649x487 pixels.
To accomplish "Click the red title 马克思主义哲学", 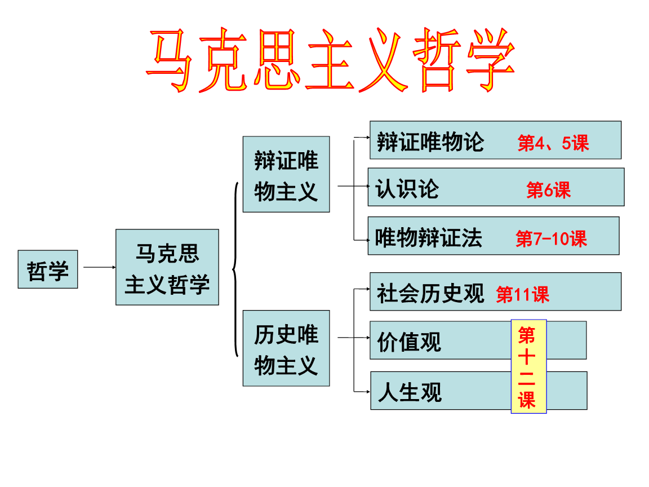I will (x=331, y=60).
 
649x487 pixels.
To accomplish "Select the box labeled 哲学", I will (x=48, y=269).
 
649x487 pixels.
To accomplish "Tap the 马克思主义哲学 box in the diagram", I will (x=167, y=267).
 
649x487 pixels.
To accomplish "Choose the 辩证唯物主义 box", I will (x=286, y=174).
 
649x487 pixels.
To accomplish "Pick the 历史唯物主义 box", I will (x=286, y=348).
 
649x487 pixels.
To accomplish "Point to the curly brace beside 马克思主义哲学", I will (x=235, y=269).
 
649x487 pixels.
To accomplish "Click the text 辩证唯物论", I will (x=430, y=141).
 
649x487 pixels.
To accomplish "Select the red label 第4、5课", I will (x=553, y=143).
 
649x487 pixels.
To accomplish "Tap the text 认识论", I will (x=407, y=188).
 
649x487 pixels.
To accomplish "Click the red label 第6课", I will (x=548, y=190).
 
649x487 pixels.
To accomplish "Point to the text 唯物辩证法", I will (x=429, y=237).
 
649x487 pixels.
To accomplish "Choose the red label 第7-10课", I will (x=551, y=239).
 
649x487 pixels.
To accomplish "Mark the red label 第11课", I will (x=522, y=294).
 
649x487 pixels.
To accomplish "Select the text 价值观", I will (x=409, y=342).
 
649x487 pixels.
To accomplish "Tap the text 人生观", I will (x=410, y=392).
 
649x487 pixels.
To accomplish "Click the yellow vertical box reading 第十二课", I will (x=528, y=366).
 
